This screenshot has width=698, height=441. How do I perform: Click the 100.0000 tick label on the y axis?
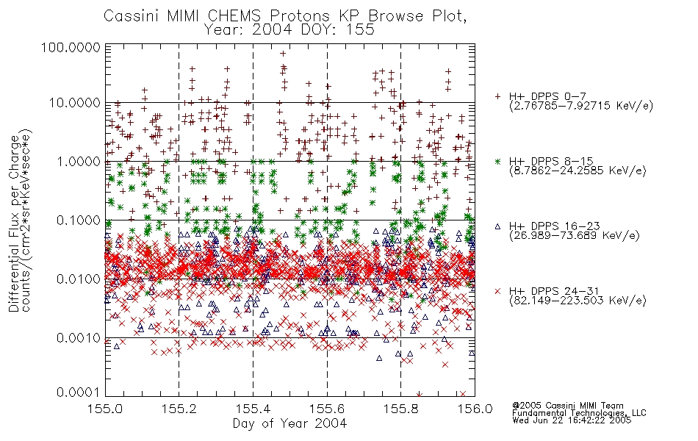pyautogui.click(x=71, y=47)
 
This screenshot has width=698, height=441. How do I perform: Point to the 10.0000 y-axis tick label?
pyautogui.click(x=74, y=103)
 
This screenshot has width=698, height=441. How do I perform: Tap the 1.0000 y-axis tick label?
pyautogui.click(x=78, y=161)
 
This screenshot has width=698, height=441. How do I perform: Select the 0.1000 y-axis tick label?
pyautogui.click(x=78, y=220)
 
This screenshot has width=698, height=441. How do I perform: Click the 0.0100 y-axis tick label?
pyautogui.click(x=78, y=279)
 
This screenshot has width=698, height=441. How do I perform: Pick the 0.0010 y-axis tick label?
pyautogui.click(x=78, y=337)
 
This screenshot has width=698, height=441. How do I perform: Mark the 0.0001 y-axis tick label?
pyautogui.click(x=78, y=392)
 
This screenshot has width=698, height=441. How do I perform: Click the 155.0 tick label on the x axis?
pyautogui.click(x=105, y=409)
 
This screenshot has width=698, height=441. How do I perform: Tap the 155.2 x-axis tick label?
pyautogui.click(x=179, y=409)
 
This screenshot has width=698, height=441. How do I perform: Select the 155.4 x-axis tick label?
pyautogui.click(x=253, y=409)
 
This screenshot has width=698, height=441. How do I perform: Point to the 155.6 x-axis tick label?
pyautogui.click(x=327, y=409)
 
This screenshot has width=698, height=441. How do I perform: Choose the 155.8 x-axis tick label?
pyautogui.click(x=400, y=409)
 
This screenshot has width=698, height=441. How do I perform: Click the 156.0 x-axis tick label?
pyautogui.click(x=475, y=409)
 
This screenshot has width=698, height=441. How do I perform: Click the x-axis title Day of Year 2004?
pyautogui.click(x=289, y=423)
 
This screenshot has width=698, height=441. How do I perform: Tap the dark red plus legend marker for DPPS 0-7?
pyautogui.click(x=497, y=96)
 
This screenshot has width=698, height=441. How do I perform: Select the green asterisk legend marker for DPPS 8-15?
pyautogui.click(x=497, y=161)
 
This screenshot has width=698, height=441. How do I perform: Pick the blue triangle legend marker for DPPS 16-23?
pyautogui.click(x=497, y=226)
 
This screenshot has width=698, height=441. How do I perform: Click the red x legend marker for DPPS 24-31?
pyautogui.click(x=497, y=291)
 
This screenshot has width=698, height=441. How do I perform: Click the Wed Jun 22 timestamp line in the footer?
pyautogui.click(x=572, y=420)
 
